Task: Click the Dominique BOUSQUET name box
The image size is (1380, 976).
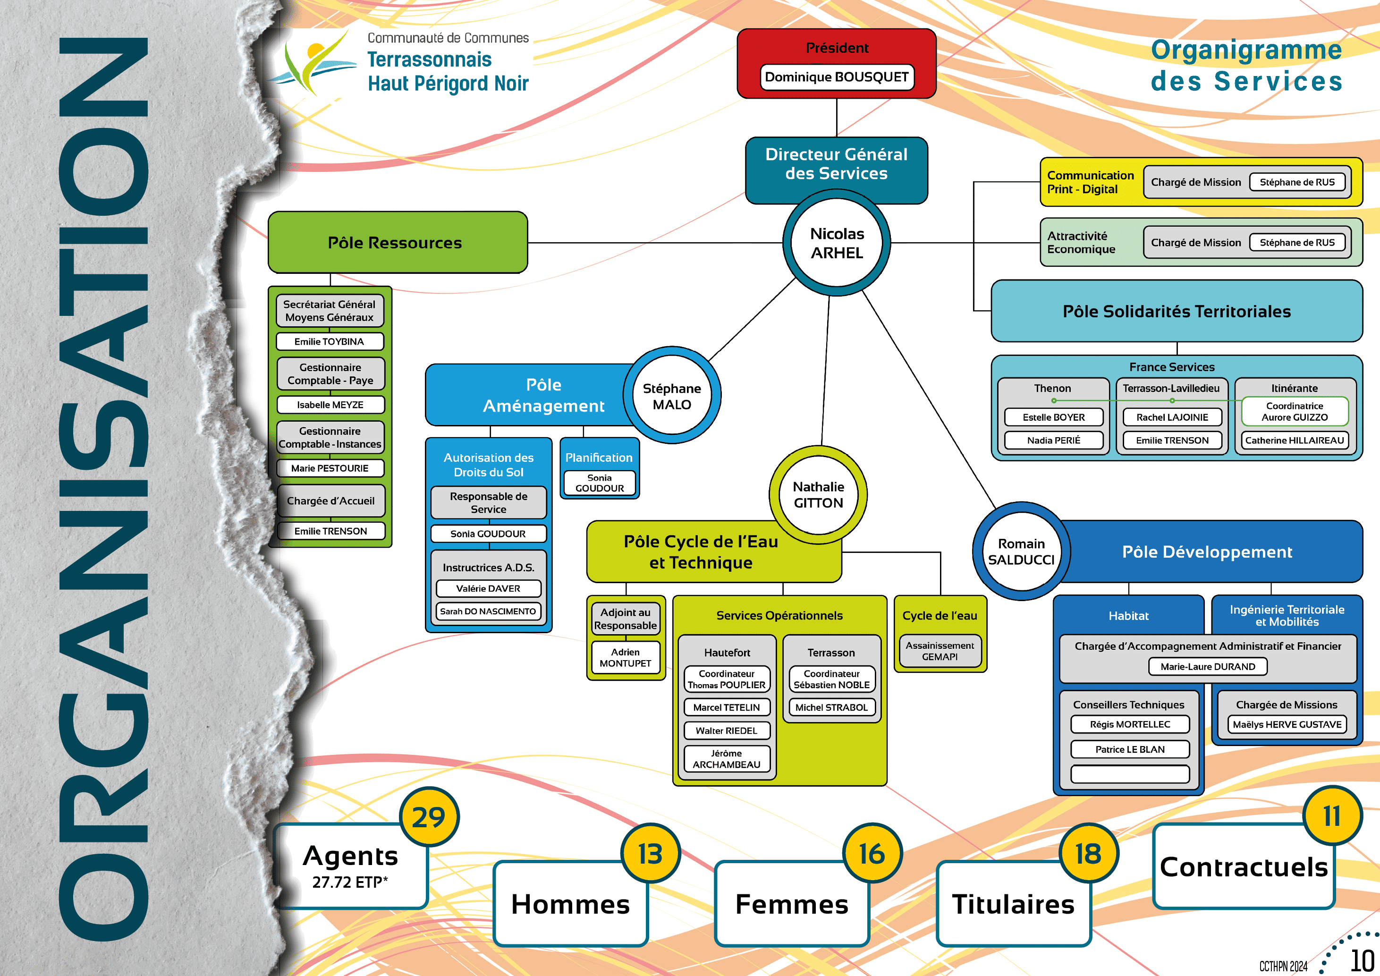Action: (837, 77)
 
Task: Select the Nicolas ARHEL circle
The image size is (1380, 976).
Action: (837, 243)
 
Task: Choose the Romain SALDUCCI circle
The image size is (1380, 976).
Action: (1021, 551)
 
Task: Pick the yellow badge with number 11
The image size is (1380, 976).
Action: (1332, 816)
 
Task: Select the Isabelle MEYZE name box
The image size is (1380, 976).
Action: (330, 405)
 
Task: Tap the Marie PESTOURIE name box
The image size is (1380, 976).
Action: (330, 468)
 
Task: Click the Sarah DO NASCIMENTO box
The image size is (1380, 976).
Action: (488, 611)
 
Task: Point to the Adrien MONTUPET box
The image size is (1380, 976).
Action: (625, 657)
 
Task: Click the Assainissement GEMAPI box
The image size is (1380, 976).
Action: (940, 651)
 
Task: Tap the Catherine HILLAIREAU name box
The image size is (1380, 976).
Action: (1294, 441)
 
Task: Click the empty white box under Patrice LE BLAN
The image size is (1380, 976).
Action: (1129, 773)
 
